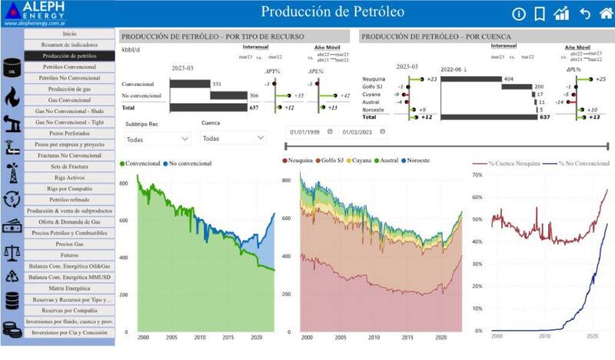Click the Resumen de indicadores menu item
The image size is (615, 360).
click(x=69, y=45)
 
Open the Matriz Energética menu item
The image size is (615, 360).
click(x=69, y=288)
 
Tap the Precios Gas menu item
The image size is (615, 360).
click(x=69, y=243)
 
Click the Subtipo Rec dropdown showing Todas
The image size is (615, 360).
click(x=157, y=138)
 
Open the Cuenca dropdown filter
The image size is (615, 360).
click(x=232, y=138)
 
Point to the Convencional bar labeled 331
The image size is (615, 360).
click(x=189, y=84)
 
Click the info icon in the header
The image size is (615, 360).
click(x=518, y=14)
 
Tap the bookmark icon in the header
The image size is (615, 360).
click(x=540, y=14)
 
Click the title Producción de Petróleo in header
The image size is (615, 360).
click(x=334, y=12)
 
